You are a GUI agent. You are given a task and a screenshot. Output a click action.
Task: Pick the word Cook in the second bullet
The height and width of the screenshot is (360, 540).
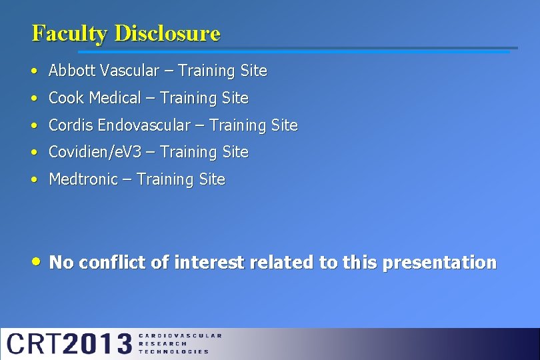click(x=67, y=98)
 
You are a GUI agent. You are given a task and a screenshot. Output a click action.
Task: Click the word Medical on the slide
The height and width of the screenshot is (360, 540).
click(x=115, y=98)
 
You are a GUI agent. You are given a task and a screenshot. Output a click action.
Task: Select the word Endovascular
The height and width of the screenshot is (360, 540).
click(x=148, y=125)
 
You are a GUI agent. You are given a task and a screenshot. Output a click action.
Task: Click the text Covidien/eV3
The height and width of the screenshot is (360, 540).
click(x=92, y=153)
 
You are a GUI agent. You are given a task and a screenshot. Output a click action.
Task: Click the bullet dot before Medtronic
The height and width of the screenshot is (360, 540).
click(x=33, y=180)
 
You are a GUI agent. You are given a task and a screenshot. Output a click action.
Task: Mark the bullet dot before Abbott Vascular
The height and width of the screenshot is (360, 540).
click(x=33, y=71)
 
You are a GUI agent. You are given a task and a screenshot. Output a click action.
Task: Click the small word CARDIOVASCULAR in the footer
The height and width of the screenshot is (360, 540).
click(x=180, y=336)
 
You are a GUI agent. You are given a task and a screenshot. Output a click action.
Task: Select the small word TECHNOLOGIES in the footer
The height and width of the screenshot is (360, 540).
click(x=173, y=351)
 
